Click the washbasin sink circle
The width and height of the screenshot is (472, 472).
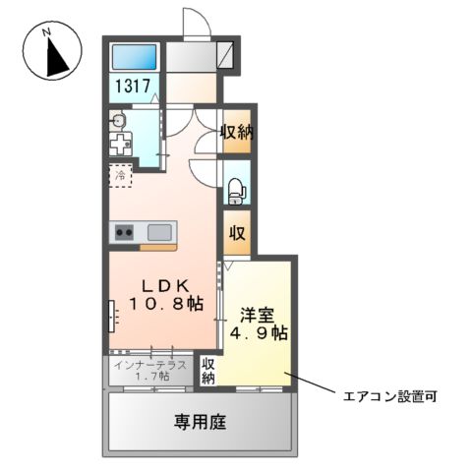[x=118, y=121]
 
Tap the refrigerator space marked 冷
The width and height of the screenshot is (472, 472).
[x=121, y=176]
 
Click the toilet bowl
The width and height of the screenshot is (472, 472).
[x=235, y=187]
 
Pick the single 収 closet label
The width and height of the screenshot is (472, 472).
[x=236, y=233]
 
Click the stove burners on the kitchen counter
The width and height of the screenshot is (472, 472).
[x=125, y=233]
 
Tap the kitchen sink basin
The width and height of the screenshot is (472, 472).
[x=159, y=233]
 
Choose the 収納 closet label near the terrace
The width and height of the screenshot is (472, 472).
[x=208, y=372]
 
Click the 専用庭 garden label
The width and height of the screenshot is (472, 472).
[x=201, y=422]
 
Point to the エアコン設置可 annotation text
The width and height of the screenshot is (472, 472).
[x=389, y=397]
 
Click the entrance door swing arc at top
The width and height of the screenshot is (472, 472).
[x=196, y=22]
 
